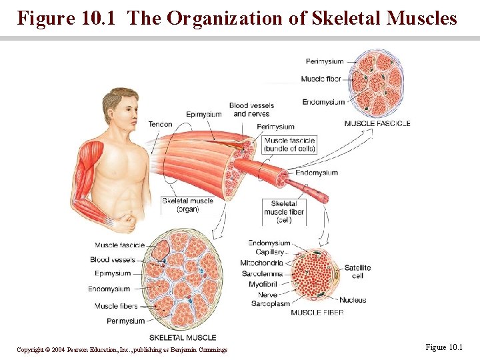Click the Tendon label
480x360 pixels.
160,124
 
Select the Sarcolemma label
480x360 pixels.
262,273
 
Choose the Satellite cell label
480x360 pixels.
357,271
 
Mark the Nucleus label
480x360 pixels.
353,300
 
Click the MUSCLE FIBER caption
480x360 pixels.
317,312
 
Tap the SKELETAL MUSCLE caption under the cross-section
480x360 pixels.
183,337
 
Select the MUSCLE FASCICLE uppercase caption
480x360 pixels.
377,123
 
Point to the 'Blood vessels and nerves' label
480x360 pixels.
251,109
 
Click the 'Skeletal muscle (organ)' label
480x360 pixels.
187,205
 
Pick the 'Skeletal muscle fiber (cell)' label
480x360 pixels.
284,212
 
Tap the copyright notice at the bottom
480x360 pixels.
122,350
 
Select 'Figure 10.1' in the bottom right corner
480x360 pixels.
443,347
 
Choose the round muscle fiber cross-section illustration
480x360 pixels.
317,274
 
